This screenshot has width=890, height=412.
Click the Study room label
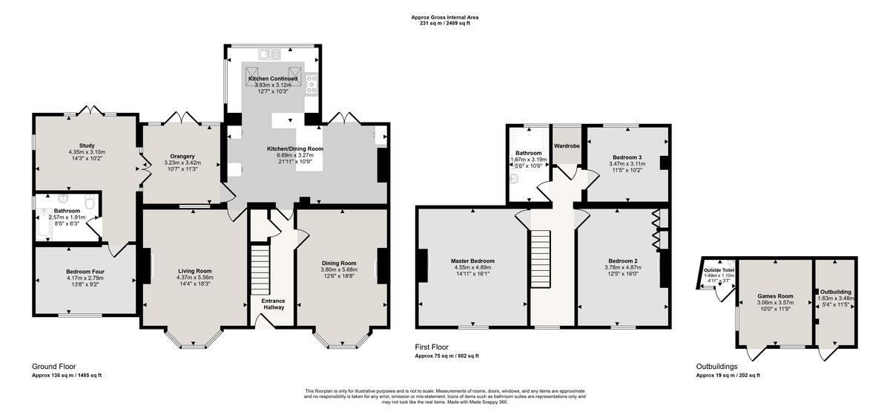87,145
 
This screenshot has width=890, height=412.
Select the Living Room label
194,271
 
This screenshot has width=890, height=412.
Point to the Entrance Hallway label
274,304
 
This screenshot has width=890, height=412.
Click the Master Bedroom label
472,261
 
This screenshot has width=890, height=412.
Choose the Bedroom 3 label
626,157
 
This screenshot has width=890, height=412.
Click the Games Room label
775,295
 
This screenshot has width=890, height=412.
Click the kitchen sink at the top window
270,53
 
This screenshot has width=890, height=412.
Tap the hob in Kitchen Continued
311,81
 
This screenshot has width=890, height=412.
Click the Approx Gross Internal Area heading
445,17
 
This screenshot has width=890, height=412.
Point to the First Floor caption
433,346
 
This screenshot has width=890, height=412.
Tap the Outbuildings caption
716,366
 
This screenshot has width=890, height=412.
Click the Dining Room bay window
342,339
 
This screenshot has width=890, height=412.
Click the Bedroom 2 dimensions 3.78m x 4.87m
624,268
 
